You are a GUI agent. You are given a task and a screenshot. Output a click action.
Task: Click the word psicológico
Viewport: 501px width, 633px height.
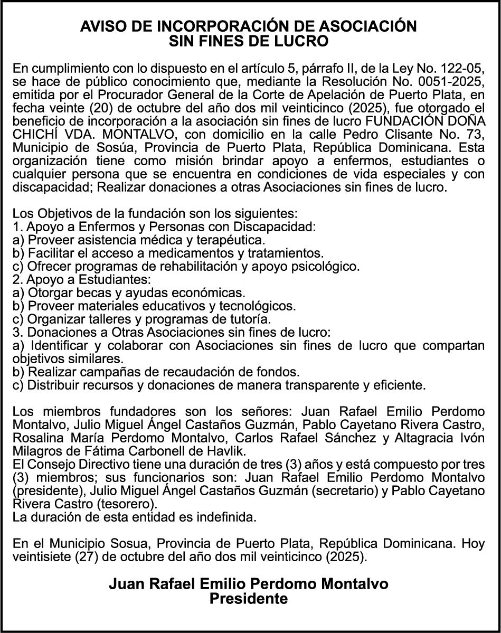click(326, 266)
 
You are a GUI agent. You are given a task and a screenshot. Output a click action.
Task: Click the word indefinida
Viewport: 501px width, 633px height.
click(226, 517)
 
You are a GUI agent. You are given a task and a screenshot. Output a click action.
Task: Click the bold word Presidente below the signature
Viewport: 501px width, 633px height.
click(249, 599)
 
